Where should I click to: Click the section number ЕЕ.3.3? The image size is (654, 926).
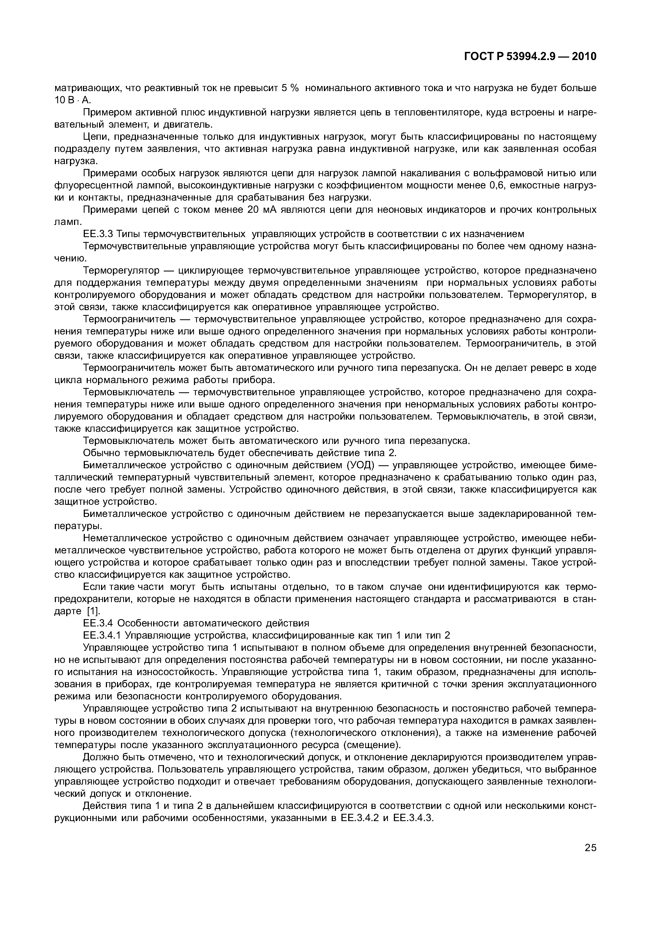98,234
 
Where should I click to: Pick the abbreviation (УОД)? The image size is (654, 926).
360,465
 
